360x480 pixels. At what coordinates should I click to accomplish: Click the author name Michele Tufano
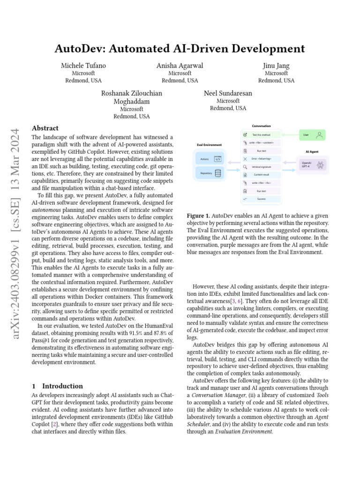[83, 66]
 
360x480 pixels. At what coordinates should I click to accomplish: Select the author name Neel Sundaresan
[228, 93]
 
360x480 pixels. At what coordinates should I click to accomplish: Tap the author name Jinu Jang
[276, 66]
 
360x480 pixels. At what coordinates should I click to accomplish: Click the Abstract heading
[45, 128]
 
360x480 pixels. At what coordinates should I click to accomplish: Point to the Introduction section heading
[62, 386]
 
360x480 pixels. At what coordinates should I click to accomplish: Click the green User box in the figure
[313, 135]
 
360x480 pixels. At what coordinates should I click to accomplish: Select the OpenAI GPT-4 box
[312, 165]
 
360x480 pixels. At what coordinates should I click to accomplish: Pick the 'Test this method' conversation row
[261, 135]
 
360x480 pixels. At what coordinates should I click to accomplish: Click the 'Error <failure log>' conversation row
[261, 159]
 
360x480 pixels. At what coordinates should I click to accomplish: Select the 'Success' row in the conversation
[261, 199]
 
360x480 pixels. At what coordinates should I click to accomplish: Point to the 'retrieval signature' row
[261, 167]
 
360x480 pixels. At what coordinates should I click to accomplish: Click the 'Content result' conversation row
[261, 175]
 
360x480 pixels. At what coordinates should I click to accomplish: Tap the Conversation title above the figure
[261, 126]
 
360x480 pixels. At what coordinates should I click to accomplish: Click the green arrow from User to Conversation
[291, 135]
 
